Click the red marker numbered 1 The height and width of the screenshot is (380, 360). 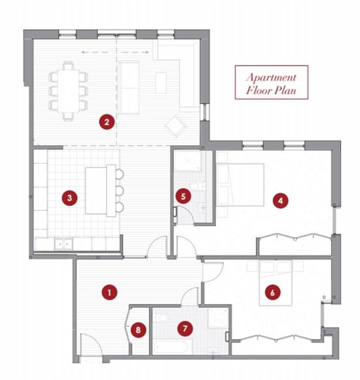(x=109, y=292)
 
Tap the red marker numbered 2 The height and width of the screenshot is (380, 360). (x=107, y=122)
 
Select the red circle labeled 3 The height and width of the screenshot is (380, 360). (x=70, y=198)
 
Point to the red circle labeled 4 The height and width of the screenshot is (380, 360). (x=280, y=201)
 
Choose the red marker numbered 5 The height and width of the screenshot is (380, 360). (x=183, y=196)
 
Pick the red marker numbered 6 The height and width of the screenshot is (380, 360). (x=273, y=292)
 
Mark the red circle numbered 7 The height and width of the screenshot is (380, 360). (x=185, y=329)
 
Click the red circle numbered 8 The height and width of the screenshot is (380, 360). (x=138, y=330)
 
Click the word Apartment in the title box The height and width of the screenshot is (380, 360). (x=271, y=78)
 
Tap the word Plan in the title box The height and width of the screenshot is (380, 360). (x=285, y=91)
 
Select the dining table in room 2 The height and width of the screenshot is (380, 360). (x=68, y=91)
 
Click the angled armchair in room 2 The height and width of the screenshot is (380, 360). (x=176, y=126)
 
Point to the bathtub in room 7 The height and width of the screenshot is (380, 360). (x=170, y=347)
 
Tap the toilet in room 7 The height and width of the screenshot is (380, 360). (x=160, y=317)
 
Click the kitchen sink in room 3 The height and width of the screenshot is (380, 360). (x=64, y=244)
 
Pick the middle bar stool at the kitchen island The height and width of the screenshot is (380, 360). (x=119, y=191)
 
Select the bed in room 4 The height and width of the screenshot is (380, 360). (x=240, y=185)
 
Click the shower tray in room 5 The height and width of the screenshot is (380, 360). (x=188, y=161)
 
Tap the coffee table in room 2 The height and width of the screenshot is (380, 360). (x=161, y=82)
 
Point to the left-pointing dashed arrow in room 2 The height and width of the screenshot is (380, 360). (x=98, y=52)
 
